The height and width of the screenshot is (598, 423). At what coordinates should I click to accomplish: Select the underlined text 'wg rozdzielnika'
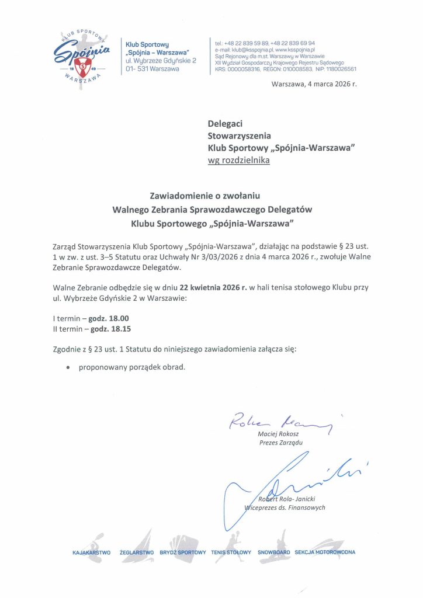[x=239, y=160]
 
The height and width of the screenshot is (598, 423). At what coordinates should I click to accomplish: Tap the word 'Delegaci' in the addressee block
[x=225, y=123]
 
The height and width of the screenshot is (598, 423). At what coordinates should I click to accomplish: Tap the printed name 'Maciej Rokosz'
[x=278, y=434]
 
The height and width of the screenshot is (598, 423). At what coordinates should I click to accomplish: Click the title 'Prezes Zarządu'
[x=280, y=442]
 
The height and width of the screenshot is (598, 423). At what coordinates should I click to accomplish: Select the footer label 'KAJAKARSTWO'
[x=92, y=552]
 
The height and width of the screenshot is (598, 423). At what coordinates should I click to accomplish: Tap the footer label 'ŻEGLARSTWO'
[x=136, y=552]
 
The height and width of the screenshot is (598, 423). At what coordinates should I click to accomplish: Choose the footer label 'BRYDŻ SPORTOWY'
[x=183, y=552]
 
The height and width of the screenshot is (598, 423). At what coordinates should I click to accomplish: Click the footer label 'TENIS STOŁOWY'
[x=231, y=552]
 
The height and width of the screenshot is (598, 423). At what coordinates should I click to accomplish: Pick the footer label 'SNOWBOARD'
[x=274, y=552]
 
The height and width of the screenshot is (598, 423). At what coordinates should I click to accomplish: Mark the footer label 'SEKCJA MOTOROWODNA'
[x=325, y=552]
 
